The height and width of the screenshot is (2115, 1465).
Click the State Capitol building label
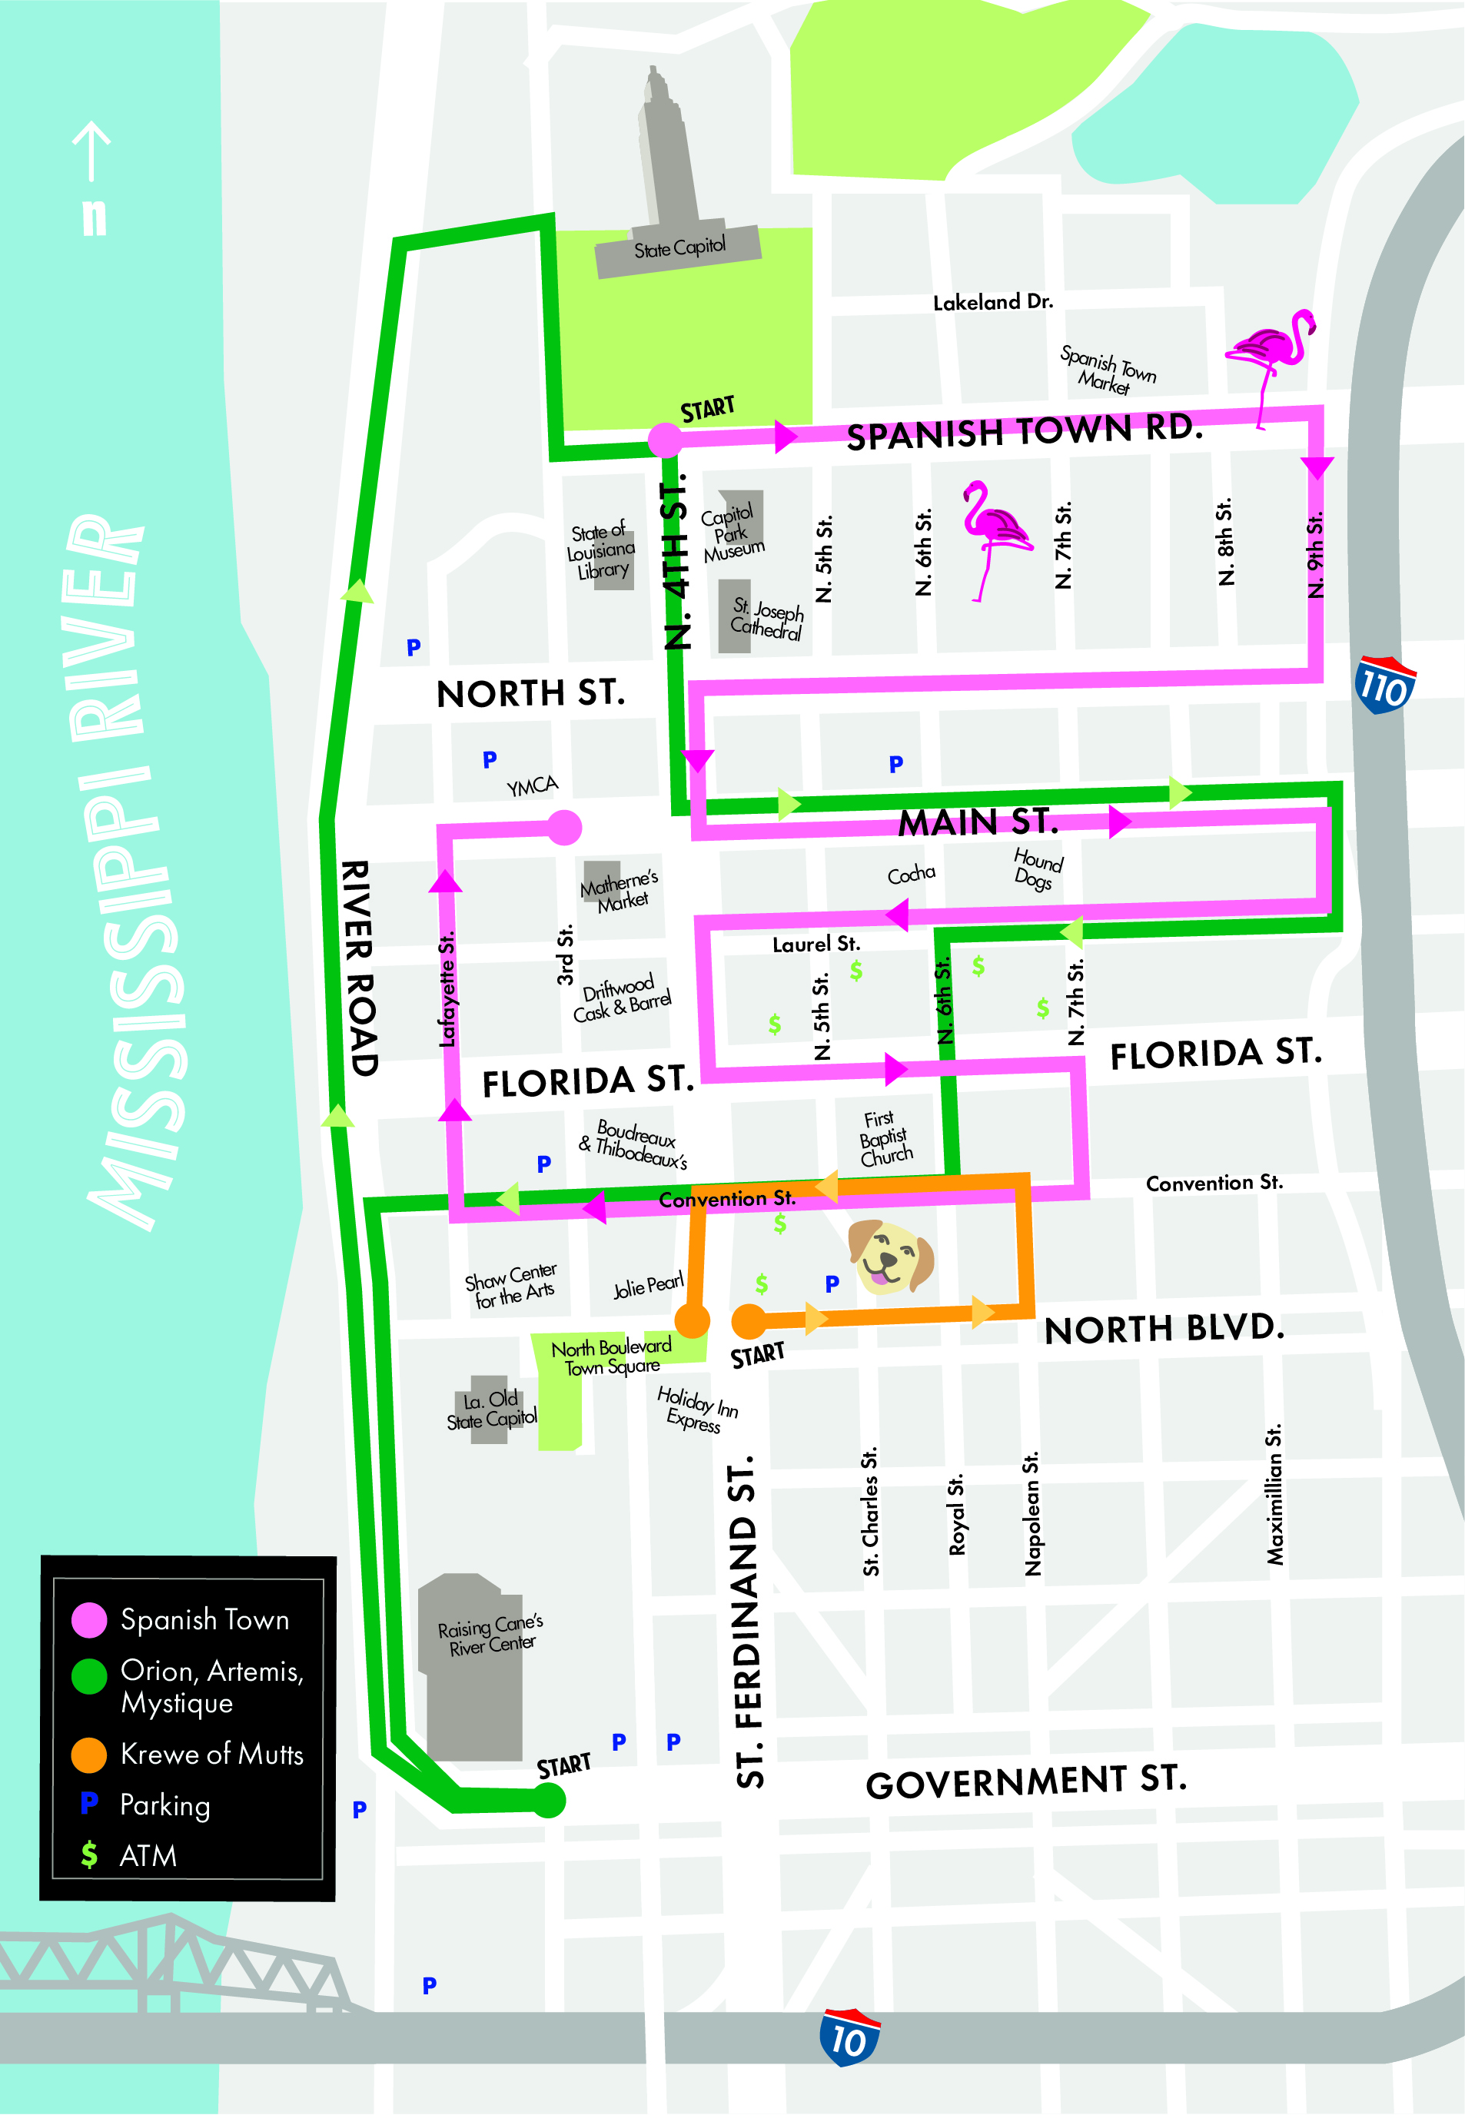(x=679, y=247)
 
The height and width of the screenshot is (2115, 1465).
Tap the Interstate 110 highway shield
(x=1384, y=686)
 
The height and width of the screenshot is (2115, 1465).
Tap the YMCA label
(x=533, y=786)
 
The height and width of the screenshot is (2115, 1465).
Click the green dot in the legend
(x=89, y=1675)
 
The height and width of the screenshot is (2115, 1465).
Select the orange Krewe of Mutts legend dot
(x=89, y=1754)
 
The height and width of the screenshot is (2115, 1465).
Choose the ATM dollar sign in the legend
(x=89, y=1854)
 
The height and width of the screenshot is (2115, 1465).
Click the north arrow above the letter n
(x=91, y=151)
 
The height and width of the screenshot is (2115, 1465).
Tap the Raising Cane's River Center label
(x=490, y=1635)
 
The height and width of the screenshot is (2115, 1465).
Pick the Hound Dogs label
(x=1037, y=868)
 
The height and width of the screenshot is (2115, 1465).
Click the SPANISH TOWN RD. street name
(x=1024, y=431)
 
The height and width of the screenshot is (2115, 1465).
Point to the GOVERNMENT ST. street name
(x=1026, y=1781)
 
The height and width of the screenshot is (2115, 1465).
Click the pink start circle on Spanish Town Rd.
(x=665, y=440)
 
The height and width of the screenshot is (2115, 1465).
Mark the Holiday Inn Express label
(x=696, y=1409)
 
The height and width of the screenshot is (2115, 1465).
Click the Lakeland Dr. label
(x=992, y=302)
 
